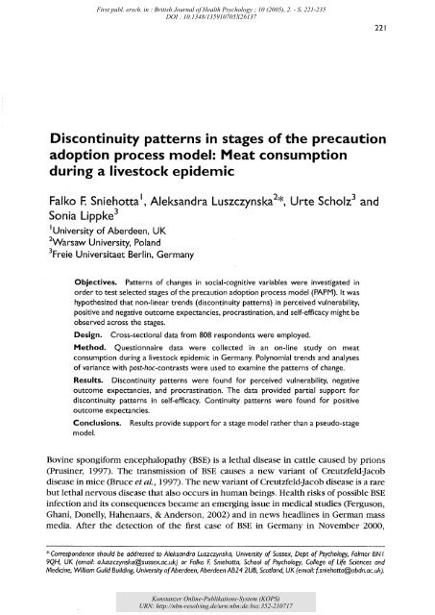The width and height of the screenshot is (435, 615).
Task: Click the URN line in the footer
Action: (x=218, y=606)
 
